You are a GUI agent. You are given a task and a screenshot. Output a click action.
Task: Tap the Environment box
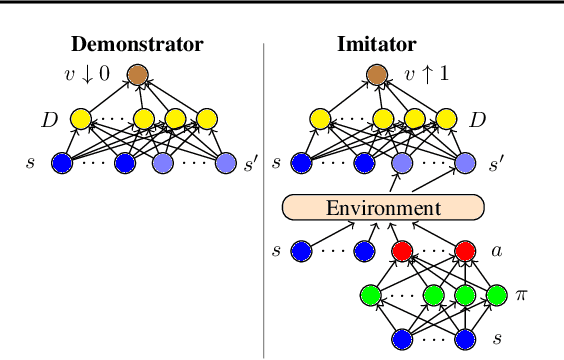point(383,208)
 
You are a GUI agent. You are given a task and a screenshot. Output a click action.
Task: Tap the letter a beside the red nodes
point(496,250)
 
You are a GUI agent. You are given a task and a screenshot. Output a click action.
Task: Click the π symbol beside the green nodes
point(520,295)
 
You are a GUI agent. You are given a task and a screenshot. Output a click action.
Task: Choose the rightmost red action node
point(465,251)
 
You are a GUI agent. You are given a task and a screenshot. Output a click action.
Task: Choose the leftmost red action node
point(402,251)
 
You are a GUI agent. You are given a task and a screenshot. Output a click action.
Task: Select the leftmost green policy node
point(370,295)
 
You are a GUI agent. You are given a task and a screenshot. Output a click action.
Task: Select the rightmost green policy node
point(497,295)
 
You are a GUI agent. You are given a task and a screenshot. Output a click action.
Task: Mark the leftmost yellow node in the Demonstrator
point(81,120)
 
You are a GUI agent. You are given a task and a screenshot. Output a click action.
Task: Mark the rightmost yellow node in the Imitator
point(445,120)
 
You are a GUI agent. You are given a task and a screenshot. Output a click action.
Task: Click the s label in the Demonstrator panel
point(30,162)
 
